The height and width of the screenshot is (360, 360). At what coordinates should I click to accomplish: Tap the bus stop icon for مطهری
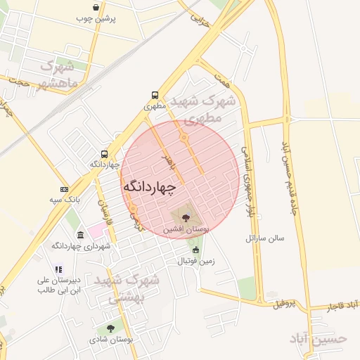(x=155, y=96)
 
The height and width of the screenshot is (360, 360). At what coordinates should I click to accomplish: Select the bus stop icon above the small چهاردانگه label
(x=105, y=154)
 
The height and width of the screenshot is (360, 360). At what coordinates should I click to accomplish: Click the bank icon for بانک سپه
(x=64, y=189)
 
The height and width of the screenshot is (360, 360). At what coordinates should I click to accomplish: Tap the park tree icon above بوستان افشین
(x=185, y=218)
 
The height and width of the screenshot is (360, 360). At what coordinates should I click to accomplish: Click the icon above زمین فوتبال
(x=195, y=250)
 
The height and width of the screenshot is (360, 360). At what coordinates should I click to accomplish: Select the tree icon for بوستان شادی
(x=110, y=328)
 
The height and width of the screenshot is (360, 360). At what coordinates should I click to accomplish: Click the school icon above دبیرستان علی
(x=59, y=269)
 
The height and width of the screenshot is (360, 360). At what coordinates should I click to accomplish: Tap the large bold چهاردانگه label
(x=150, y=187)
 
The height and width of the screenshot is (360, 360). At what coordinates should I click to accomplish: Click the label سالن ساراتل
(x=264, y=238)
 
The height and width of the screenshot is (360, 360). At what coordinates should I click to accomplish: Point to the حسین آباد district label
(x=319, y=338)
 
